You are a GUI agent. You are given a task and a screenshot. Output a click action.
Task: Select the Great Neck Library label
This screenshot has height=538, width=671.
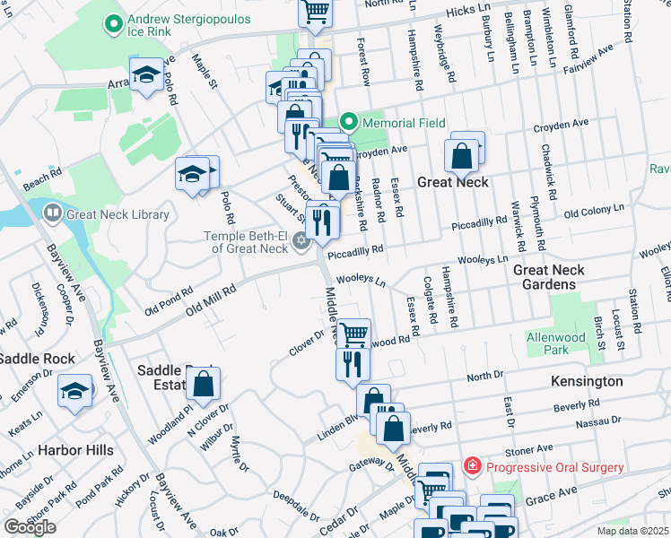tap(118, 214)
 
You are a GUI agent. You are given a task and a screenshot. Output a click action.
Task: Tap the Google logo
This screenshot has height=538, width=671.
tap(30, 527)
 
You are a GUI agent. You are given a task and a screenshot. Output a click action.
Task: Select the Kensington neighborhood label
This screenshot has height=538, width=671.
tap(586, 381)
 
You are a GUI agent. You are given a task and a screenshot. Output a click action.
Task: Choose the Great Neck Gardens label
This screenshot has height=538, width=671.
tap(549, 276)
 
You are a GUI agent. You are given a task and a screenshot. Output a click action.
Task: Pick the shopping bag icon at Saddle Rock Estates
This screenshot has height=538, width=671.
tap(203, 384)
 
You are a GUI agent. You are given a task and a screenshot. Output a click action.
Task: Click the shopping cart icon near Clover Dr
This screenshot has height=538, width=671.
tap(353, 334)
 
